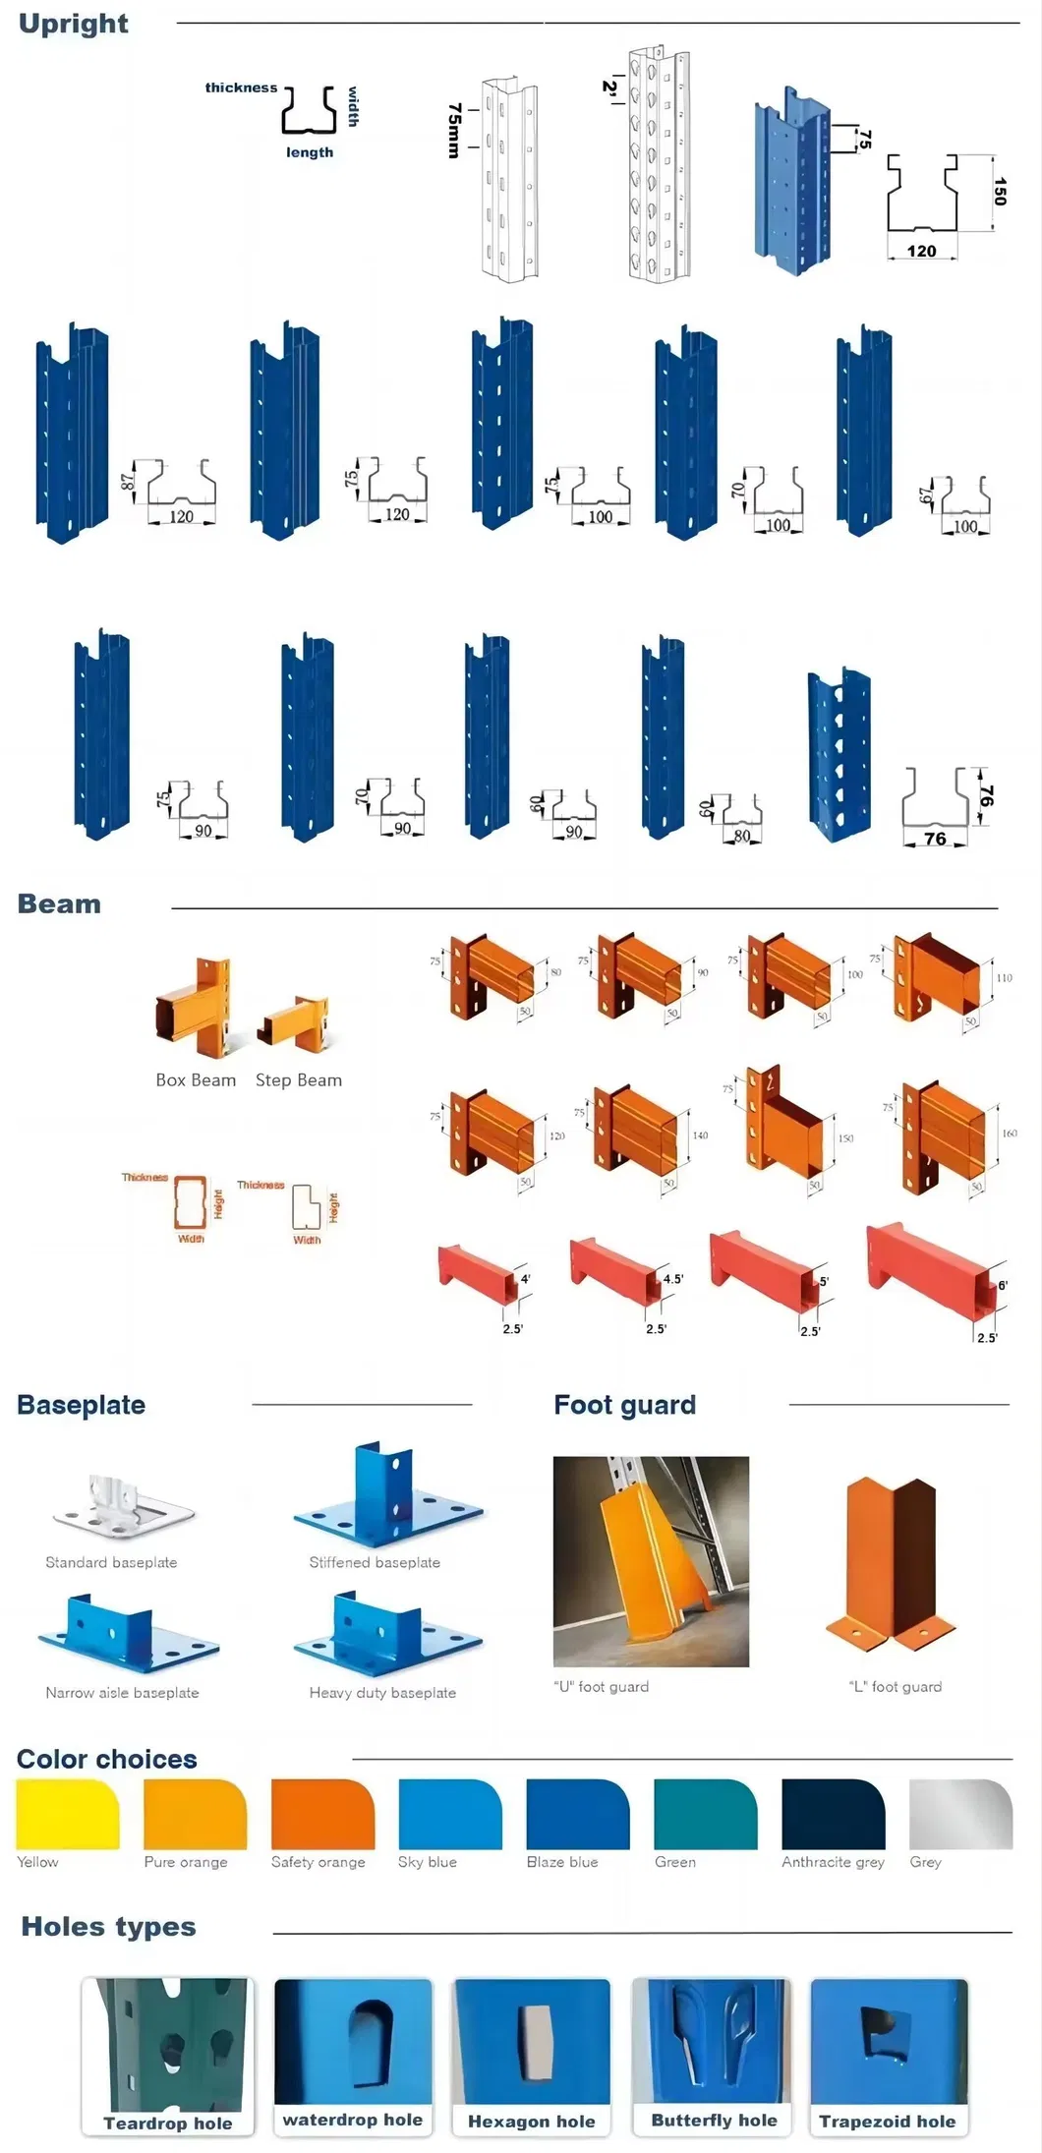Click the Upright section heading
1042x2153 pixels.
click(74, 24)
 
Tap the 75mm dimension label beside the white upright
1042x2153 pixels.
click(453, 130)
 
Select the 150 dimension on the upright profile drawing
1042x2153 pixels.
click(1000, 191)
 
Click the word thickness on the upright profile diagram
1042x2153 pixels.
click(241, 87)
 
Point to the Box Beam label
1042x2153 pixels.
click(196, 1079)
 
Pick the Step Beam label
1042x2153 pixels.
click(299, 1079)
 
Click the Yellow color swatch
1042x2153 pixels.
click(67, 1814)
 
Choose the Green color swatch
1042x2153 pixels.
click(706, 1814)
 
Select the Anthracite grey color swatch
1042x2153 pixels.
click(833, 1814)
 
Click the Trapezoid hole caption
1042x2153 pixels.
click(888, 2122)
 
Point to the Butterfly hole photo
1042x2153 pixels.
click(712, 2041)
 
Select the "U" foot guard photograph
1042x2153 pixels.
click(651, 1560)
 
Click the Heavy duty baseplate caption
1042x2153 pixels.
click(382, 1693)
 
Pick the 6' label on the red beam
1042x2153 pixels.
click(1003, 1285)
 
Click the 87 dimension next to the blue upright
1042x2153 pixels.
click(127, 483)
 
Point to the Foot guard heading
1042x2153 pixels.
click(624, 1405)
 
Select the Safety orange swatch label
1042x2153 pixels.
click(318, 1862)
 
